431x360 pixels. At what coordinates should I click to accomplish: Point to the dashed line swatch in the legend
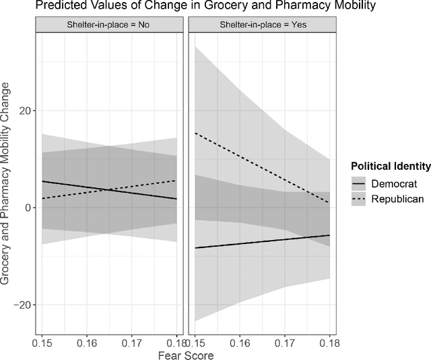click(360, 198)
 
